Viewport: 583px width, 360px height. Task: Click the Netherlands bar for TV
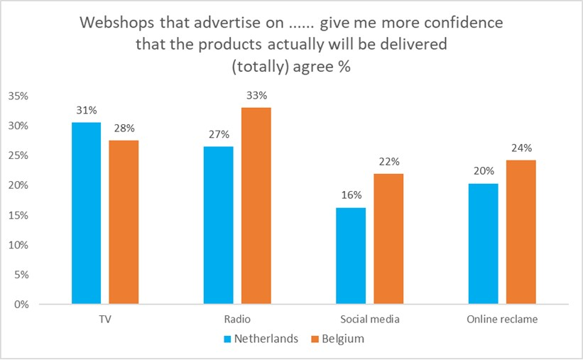point(86,213)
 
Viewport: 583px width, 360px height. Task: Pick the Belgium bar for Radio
point(256,206)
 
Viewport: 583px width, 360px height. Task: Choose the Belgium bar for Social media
point(388,239)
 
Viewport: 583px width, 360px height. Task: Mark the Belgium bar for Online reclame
point(521,232)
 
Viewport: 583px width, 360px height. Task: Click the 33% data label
point(256,96)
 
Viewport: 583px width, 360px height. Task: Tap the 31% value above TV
point(86,111)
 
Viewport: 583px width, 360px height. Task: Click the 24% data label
point(521,148)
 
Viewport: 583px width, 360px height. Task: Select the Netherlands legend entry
point(262,339)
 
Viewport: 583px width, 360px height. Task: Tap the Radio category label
point(236,320)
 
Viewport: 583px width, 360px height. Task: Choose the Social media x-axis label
point(369,320)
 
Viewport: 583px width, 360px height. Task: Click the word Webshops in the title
point(115,23)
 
